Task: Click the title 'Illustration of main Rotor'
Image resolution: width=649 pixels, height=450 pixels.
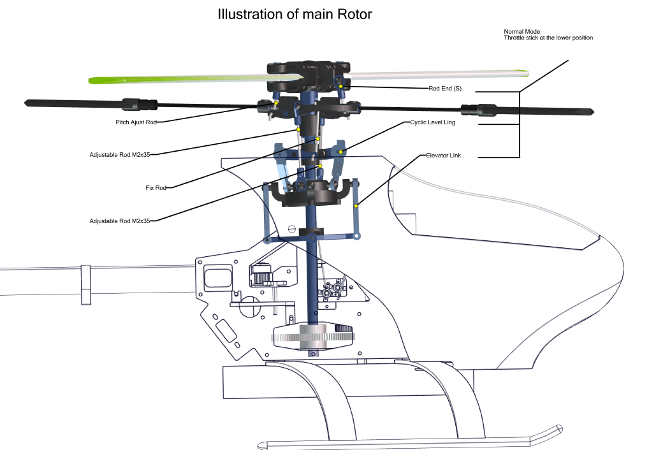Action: click(295, 14)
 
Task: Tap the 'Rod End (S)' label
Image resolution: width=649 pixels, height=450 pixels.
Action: click(445, 88)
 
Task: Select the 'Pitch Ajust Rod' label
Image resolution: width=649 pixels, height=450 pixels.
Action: click(136, 122)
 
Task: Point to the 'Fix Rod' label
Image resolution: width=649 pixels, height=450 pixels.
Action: click(156, 187)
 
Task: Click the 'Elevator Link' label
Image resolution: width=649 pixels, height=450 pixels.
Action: click(443, 156)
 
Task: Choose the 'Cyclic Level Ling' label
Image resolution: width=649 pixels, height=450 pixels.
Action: click(432, 122)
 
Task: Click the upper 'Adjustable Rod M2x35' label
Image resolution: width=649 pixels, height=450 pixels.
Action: click(120, 154)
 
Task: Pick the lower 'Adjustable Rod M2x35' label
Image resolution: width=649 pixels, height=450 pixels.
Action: click(120, 221)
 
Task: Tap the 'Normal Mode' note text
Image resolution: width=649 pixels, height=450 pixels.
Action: click(548, 34)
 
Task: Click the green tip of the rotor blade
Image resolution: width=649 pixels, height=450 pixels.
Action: click(103, 80)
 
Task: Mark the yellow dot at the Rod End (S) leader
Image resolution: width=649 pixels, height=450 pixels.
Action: click(340, 86)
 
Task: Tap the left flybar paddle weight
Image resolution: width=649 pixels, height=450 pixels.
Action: click(139, 105)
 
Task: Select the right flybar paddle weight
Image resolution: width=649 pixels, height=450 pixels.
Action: click(479, 110)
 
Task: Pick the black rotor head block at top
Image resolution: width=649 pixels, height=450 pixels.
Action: click(309, 76)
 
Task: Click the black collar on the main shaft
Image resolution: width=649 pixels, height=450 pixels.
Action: click(311, 232)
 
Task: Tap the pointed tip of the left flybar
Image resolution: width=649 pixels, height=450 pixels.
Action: click(26, 102)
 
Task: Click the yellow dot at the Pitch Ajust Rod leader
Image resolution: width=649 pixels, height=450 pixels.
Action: click(276, 103)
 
